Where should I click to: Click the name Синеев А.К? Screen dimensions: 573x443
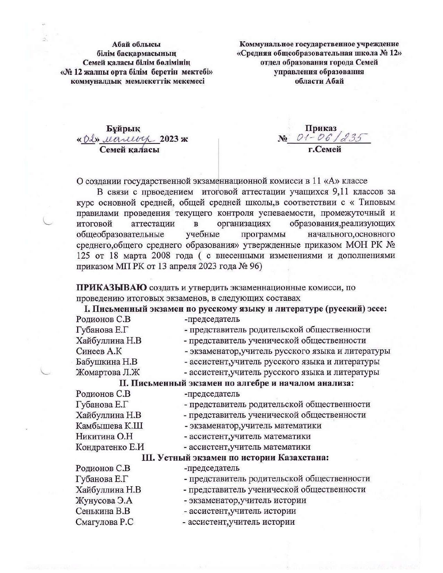pos(99,351)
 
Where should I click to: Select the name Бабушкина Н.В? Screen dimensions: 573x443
pos(107,362)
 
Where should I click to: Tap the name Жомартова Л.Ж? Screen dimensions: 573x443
pos(108,372)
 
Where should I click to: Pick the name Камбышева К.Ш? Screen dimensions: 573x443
pos(109,426)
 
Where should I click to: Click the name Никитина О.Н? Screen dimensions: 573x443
pos(104,436)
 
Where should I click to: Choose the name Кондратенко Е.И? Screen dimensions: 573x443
pos(110,447)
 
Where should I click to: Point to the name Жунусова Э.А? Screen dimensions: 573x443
pos(104,500)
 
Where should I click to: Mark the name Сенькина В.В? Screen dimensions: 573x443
pos(103,511)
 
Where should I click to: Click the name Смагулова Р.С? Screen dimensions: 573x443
pos(104,522)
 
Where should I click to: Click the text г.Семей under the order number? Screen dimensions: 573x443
pos(325,150)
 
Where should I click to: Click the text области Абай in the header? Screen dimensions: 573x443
pos(319,81)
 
